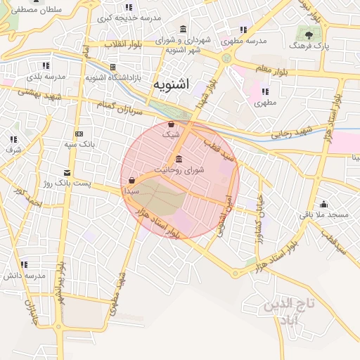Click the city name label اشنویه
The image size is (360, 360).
coord(170,85)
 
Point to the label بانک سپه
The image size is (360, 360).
coord(80,144)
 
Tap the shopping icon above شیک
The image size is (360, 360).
coord(171,124)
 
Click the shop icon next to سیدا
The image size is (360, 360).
coord(132,180)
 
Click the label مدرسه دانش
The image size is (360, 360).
coord(25,275)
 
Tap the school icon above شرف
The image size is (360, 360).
coord(13,140)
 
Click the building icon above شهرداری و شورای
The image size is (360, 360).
coord(184,29)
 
